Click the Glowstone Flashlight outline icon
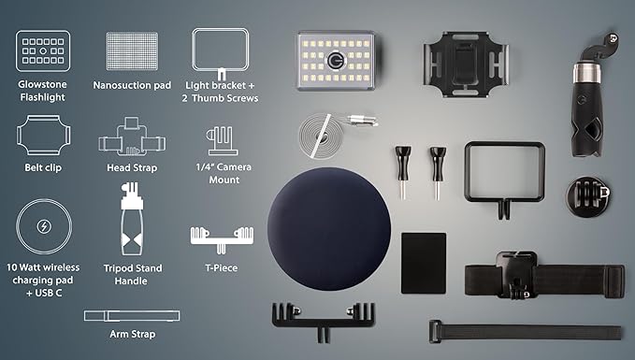pyautogui.click(x=43, y=51)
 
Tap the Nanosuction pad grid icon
pyautogui.click(x=132, y=51)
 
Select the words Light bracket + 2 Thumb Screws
pyautogui.click(x=220, y=92)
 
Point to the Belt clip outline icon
pyautogui.click(x=43, y=136)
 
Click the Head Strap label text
pyautogui.click(x=132, y=167)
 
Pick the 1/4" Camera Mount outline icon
pyautogui.click(x=223, y=141)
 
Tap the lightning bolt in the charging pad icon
pyautogui.click(x=44, y=226)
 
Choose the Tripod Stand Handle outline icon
pyautogui.click(x=132, y=219)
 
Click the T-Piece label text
pyautogui.click(x=221, y=267)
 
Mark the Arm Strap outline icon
pyautogui.click(x=132, y=316)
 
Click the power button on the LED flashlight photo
pyautogui.click(x=336, y=61)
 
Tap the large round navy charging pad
pyautogui.click(x=329, y=229)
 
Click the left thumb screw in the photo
pyautogui.click(x=403, y=172)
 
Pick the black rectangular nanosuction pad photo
pyautogui.click(x=424, y=263)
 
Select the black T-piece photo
pyautogui.click(x=324, y=321)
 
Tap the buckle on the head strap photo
pyautogui.click(x=517, y=275)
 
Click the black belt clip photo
pyautogui.click(x=466, y=65)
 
